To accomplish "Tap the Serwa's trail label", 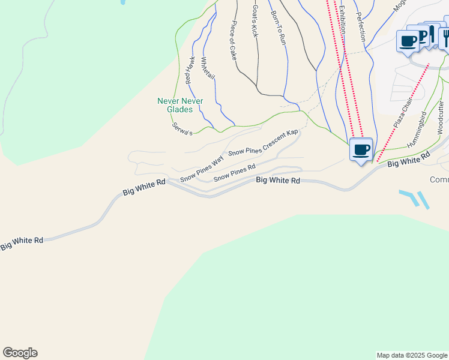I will (182, 128).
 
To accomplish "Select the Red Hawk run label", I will (190, 70).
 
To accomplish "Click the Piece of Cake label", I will (234, 41).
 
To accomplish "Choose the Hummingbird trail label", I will (417, 130).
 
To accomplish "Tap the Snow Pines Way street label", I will (202, 169).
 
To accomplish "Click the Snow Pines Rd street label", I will (235, 173).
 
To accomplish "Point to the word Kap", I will (292, 133).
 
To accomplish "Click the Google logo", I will (20, 353).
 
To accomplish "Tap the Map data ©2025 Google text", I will (411, 355).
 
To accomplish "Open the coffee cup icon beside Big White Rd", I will (361, 150).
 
